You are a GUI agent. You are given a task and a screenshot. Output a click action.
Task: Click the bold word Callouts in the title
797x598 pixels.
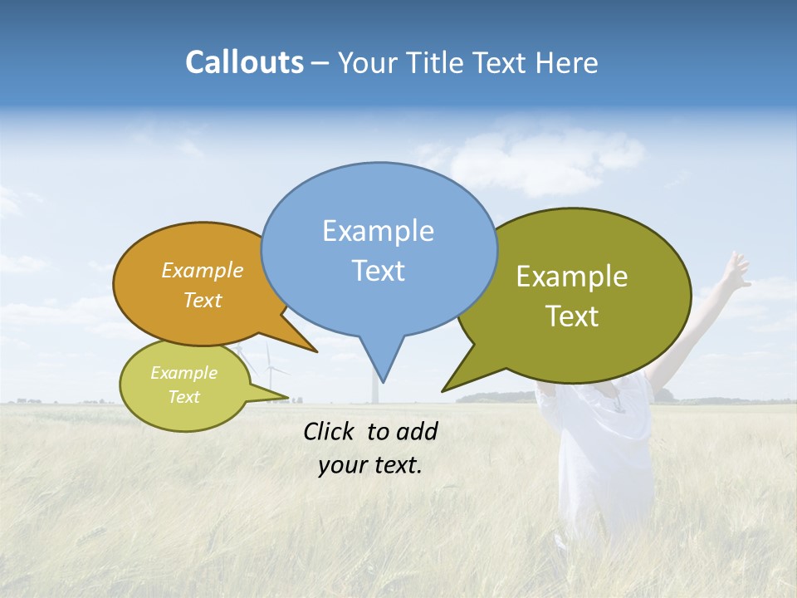coord(244,62)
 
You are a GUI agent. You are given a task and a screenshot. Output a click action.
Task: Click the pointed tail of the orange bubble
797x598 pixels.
coord(303,341)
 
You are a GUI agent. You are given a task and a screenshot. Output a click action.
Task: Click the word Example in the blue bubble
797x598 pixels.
coord(378,231)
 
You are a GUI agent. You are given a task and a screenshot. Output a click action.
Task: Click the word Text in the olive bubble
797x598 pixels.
coord(571,316)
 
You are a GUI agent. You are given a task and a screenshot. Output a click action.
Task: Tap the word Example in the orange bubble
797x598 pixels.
coord(202,271)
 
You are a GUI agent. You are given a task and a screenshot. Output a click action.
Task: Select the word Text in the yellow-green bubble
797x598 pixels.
coord(184,397)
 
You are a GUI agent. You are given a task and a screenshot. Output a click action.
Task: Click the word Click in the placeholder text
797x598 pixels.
coord(330,431)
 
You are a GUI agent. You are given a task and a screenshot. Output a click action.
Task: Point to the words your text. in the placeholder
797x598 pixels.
coord(370,465)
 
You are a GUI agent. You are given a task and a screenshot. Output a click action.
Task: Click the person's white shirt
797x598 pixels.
coord(602,448)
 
